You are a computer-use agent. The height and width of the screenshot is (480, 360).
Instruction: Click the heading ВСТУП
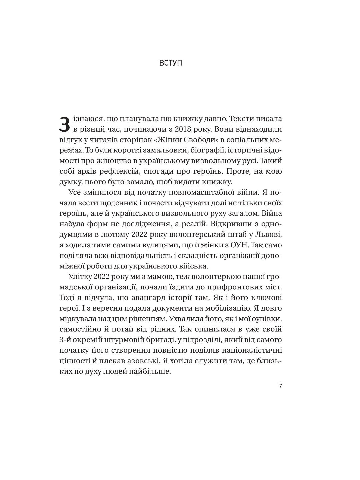[171, 63]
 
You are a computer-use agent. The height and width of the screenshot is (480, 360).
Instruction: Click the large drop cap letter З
[65, 124]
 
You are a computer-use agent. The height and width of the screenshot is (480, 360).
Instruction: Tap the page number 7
[280, 386]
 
